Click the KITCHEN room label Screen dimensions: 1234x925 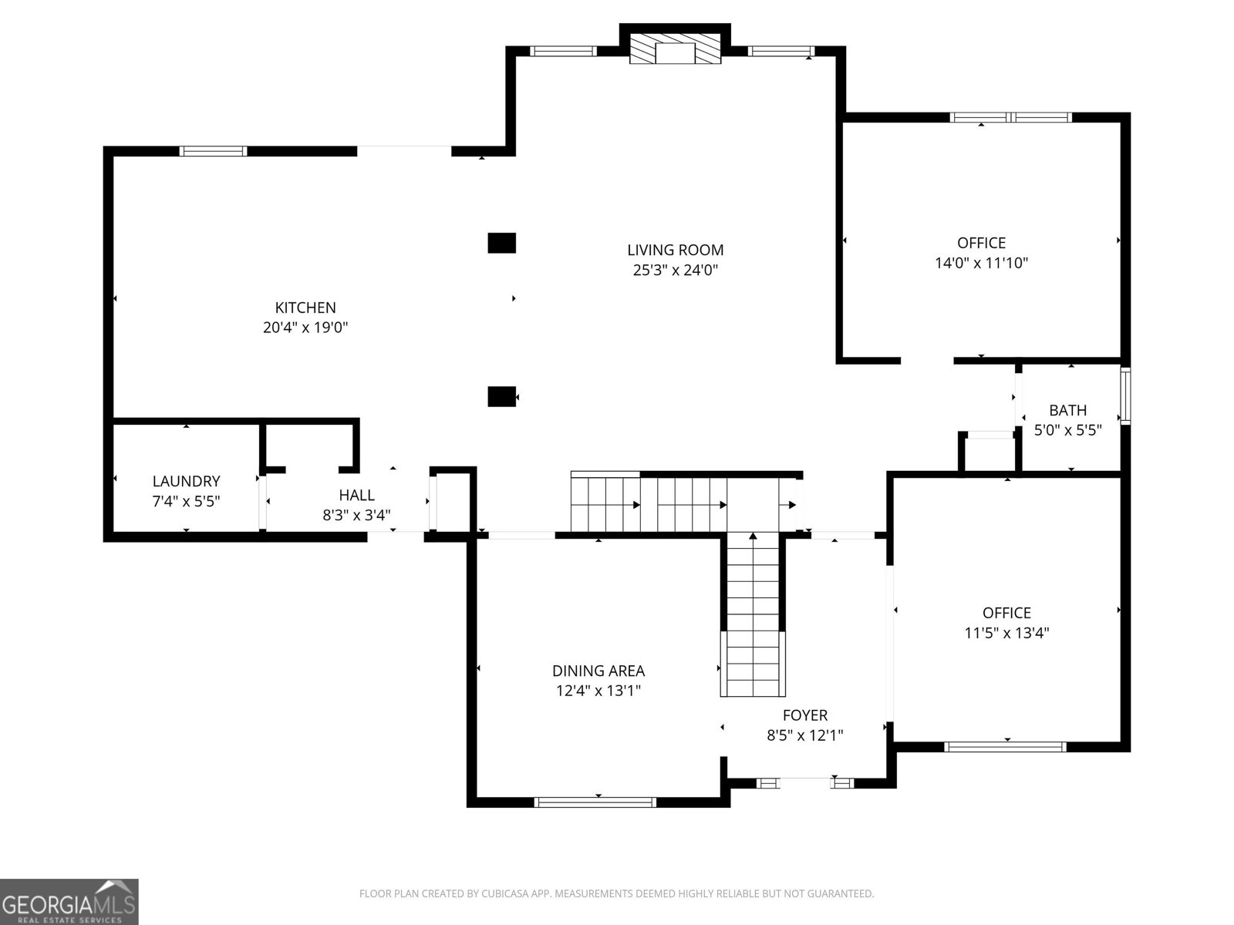tap(305, 308)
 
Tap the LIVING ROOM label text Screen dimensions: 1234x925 tap(675, 250)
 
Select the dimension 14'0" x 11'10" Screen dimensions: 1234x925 tap(981, 263)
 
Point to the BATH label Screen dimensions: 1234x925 tap(1067, 411)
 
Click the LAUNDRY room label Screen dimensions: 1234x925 tap(186, 481)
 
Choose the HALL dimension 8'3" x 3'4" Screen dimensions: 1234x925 tap(356, 515)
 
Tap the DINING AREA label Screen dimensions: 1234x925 tap(598, 671)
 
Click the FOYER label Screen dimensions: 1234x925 tap(805, 715)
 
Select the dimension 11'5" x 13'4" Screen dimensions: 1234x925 tap(1007, 633)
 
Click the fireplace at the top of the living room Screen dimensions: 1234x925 tap(675, 49)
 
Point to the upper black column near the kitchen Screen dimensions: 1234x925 tap(501, 243)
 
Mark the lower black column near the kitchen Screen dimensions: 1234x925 tap(501, 396)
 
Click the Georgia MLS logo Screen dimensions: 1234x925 tap(69, 901)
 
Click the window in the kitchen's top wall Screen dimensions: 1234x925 tap(213, 151)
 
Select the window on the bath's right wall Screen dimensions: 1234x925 tap(1125, 396)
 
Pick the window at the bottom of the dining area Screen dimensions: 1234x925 tap(595, 802)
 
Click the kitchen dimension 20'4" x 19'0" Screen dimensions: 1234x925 tap(305, 328)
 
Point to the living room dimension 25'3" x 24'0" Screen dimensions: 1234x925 tap(675, 270)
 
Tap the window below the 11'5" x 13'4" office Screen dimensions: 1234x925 tap(1005, 746)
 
